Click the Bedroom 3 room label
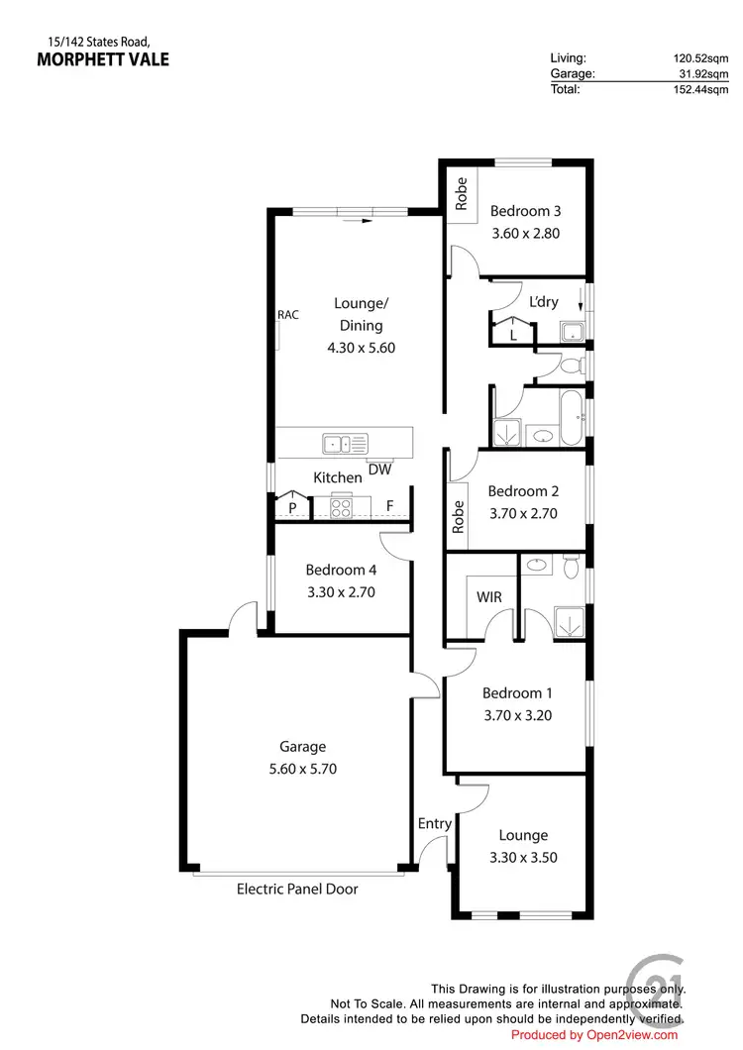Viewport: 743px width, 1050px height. [x=526, y=211]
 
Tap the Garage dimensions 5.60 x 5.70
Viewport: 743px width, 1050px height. [x=302, y=768]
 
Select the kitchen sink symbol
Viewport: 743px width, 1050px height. [x=344, y=443]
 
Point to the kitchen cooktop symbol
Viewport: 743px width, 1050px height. [x=341, y=507]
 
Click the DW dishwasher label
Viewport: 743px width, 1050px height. [x=379, y=470]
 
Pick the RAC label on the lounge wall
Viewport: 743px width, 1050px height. [x=288, y=315]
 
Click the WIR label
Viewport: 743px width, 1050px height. [x=489, y=598]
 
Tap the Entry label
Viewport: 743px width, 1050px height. [x=435, y=823]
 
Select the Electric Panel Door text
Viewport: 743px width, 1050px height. [x=297, y=889]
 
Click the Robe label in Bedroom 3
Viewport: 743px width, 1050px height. [x=461, y=193]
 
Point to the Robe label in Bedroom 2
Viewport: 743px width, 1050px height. [x=458, y=517]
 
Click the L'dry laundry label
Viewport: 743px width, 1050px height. [x=544, y=302]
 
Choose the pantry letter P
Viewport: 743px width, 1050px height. [x=292, y=507]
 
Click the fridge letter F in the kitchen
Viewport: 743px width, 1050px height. [x=390, y=506]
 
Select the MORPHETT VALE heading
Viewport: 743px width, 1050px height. [x=103, y=59]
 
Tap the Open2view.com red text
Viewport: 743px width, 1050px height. [x=594, y=1035]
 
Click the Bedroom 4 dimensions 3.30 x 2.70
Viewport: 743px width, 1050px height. [x=341, y=591]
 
